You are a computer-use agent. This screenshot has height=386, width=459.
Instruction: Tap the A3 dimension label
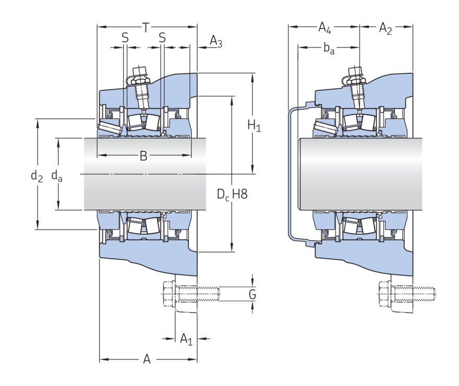216,42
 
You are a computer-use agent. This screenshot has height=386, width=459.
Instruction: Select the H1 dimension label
254,126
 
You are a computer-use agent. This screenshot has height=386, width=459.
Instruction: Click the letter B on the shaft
143,155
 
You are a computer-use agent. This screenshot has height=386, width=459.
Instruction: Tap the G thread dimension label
252,295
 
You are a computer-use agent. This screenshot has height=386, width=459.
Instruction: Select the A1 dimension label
186,340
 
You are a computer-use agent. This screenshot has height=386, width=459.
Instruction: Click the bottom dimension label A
147,359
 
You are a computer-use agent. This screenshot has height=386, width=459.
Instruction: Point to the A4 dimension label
325,27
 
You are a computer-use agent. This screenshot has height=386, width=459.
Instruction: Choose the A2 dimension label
385,28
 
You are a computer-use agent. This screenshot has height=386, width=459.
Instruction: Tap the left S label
125,38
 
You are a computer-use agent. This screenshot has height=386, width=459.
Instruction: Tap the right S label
162,38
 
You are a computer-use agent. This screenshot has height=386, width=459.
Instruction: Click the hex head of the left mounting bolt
168,295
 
